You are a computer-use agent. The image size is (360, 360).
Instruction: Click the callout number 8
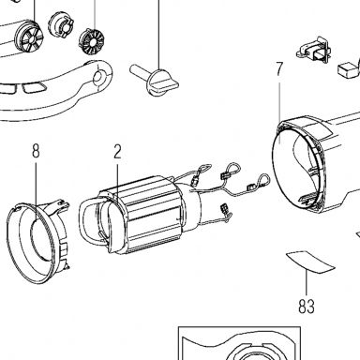36,151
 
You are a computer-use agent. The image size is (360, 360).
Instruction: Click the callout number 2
117,151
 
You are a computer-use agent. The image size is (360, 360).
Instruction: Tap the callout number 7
279,69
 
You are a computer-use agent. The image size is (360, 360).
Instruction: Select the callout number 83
307,306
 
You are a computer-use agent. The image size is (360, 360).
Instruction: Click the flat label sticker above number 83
310,262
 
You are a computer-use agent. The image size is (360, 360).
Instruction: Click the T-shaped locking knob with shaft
154,81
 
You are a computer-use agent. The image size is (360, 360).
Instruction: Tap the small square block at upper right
348,70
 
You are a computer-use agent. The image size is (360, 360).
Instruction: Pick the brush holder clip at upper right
313,51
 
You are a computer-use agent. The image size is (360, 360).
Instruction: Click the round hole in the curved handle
99,77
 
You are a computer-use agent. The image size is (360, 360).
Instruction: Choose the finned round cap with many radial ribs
91,41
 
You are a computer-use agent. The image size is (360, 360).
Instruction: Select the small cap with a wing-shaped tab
61,25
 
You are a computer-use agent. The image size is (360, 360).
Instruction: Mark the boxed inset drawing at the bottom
239,343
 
